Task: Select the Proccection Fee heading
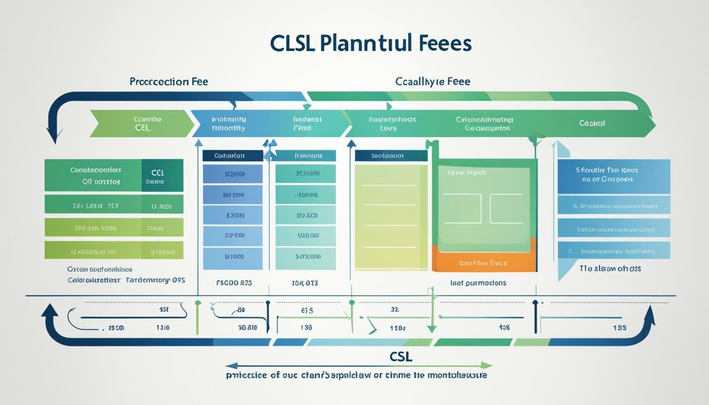(x=169, y=82)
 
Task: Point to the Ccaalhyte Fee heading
(x=433, y=82)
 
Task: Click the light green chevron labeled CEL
(x=141, y=124)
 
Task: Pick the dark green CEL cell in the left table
(x=162, y=176)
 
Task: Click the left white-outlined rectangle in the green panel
(x=462, y=208)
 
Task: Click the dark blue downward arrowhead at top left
(x=53, y=136)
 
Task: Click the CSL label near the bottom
(x=400, y=356)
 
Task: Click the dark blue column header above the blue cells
(x=232, y=156)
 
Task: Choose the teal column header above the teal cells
(x=305, y=156)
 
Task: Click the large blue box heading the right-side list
(x=614, y=176)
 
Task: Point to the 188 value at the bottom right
(x=620, y=327)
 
